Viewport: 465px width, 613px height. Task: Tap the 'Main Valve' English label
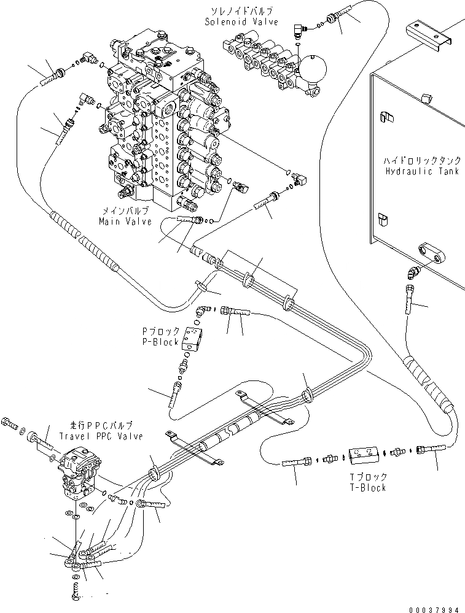pos(127,222)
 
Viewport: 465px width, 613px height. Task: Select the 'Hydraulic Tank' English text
pos(421,172)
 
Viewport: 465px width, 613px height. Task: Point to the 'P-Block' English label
pos(162,342)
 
